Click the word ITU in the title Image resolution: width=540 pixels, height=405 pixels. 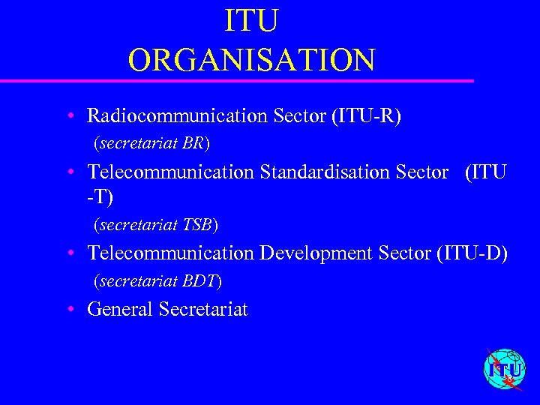pos(252,21)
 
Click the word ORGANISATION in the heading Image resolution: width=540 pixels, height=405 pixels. pos(251,60)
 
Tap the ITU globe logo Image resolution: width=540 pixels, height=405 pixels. pos(505,369)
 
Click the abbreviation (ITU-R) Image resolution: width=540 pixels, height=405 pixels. pos(364,116)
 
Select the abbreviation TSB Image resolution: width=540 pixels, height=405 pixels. pos(198,224)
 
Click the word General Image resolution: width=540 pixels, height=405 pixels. pos(120,309)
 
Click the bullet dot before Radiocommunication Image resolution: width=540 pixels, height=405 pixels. pos(69,117)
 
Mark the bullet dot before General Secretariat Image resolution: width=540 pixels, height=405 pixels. pos(69,310)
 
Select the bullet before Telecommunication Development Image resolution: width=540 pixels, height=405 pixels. pos(69,254)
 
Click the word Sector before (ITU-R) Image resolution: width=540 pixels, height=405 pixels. pos(300,116)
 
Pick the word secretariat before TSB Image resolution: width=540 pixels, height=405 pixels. pos(138,224)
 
